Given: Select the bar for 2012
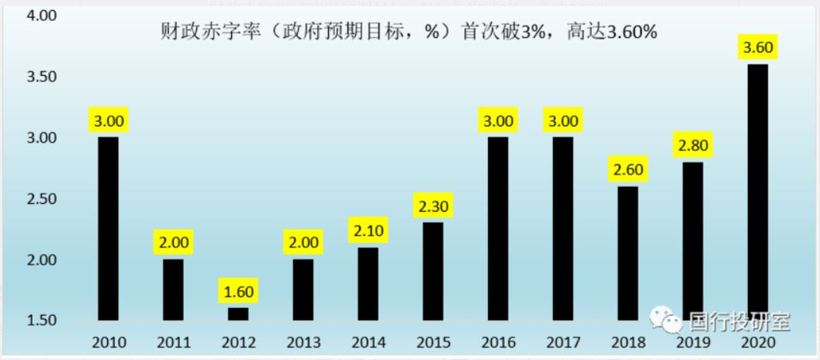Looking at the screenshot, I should coord(239,313).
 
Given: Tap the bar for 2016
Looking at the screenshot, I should coord(498,228).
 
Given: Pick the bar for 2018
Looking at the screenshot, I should coord(628,253).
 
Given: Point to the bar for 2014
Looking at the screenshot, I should coord(368,283).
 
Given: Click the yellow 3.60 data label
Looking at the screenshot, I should coord(758,48).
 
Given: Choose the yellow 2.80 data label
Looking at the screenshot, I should coord(693,146).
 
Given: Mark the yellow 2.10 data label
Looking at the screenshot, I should coord(368,231).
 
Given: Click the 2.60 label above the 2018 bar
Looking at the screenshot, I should coord(628,170).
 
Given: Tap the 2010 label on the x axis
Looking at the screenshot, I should coord(109,341).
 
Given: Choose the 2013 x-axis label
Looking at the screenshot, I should coord(303,341).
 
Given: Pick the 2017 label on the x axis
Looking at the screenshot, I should coord(562,341).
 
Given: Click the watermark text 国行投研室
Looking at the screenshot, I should coord(737,320).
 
